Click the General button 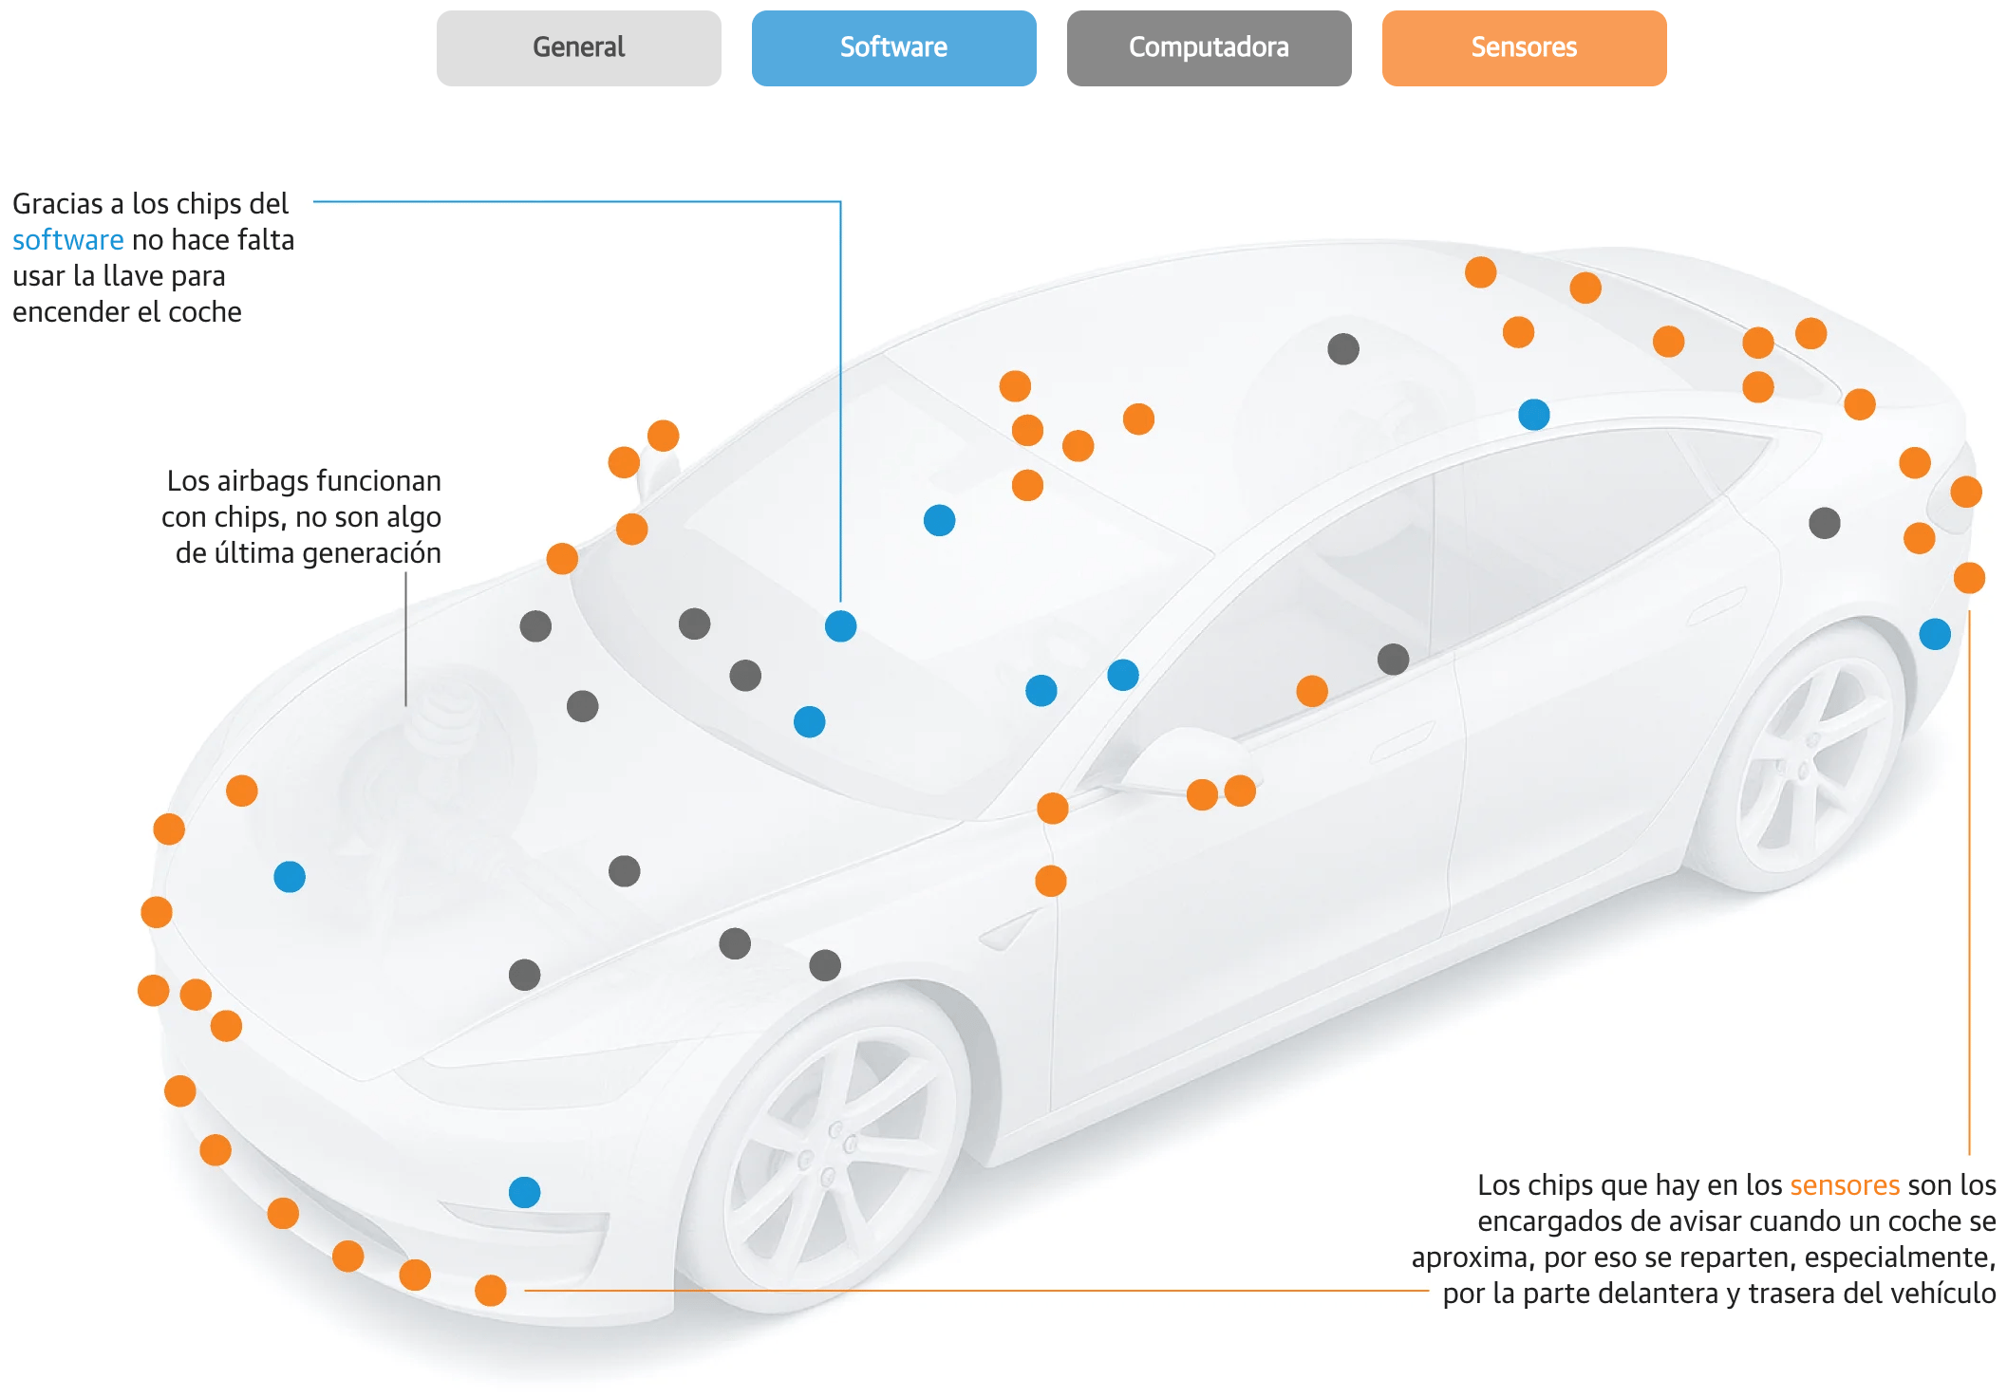coord(578,47)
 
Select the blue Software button coord(893,47)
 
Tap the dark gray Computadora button coord(1209,47)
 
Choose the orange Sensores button coord(1524,47)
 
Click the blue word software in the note coord(67,240)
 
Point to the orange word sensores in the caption coord(1844,1185)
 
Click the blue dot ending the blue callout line coord(840,626)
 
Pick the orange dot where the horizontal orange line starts coord(491,1291)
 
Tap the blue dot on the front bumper coord(524,1192)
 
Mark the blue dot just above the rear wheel coord(1934,634)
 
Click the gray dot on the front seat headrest coord(1342,349)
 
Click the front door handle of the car coord(1402,740)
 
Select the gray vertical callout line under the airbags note coord(405,640)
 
